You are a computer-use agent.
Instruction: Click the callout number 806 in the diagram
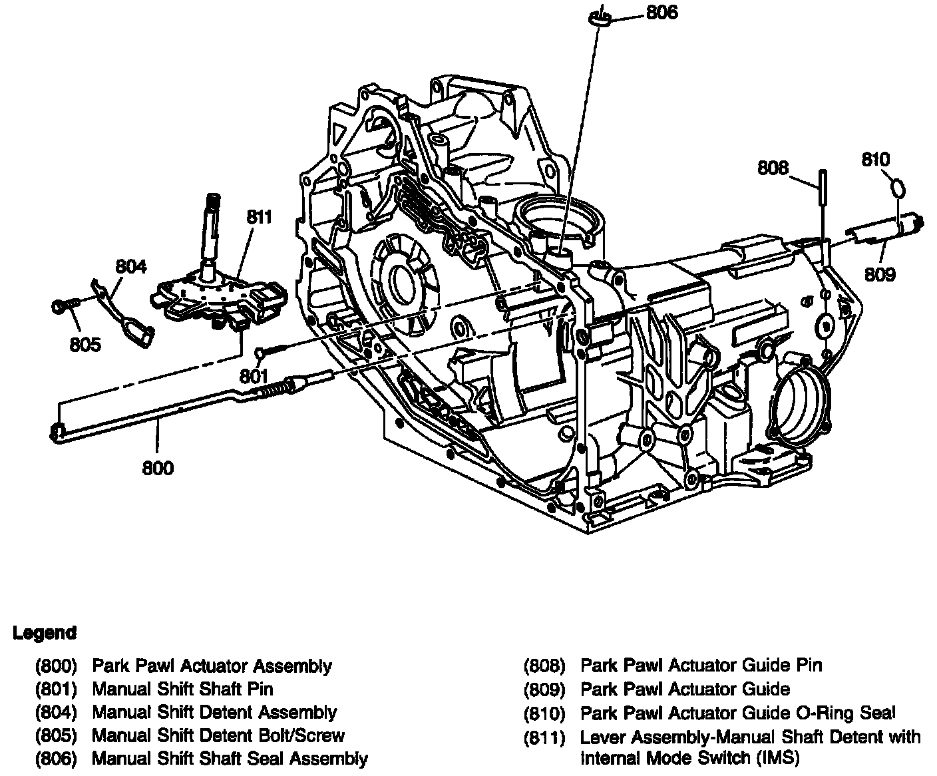point(661,13)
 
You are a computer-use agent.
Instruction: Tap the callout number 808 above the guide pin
point(772,168)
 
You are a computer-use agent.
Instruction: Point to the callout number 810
point(875,160)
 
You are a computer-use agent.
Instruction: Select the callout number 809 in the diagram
point(880,274)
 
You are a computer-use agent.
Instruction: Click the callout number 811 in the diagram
point(259,217)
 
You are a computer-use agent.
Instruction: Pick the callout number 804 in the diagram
point(130,267)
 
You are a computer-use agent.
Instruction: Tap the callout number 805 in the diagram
point(85,344)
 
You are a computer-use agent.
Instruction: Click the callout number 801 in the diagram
point(254,376)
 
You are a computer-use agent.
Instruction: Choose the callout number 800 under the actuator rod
point(158,468)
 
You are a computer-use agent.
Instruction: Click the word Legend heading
point(45,633)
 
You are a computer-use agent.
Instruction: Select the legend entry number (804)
point(57,713)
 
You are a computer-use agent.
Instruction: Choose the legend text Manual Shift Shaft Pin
point(182,689)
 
